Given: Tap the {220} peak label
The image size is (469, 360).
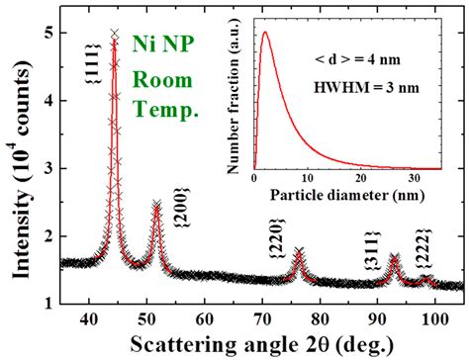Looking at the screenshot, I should click(275, 245).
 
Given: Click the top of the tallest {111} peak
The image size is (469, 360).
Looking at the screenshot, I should click(114, 34).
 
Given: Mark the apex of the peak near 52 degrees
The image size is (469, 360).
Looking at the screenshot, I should click(156, 205).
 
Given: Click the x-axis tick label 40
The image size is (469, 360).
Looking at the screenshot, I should click(89, 318).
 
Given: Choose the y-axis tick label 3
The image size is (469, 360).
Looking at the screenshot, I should click(46, 169).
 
